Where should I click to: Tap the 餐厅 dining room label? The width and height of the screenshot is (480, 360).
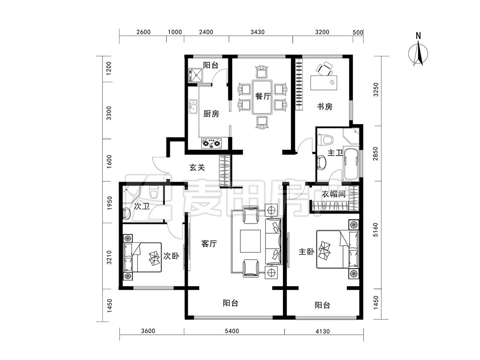[263, 96]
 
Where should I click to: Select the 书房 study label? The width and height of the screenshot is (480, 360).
[325, 107]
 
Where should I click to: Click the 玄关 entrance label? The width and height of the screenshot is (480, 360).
[197, 167]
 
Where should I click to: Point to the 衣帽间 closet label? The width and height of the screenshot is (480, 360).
[334, 194]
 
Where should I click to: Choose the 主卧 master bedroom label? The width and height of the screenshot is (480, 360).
[306, 252]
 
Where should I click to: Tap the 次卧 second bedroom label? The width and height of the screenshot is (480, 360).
[171, 255]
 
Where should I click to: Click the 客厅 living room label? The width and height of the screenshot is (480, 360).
[209, 244]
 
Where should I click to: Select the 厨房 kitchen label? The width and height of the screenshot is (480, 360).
[211, 114]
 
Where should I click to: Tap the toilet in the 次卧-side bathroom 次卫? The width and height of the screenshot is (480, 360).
[153, 192]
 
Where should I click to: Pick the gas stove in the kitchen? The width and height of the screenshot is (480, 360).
[212, 143]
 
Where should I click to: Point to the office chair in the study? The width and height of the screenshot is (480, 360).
[325, 69]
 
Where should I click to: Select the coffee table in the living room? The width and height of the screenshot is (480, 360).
[250, 241]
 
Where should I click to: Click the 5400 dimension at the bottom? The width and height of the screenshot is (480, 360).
[232, 331]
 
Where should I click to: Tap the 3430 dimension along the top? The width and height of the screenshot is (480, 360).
[257, 32]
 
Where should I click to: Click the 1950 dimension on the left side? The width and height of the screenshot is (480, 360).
[110, 202]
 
